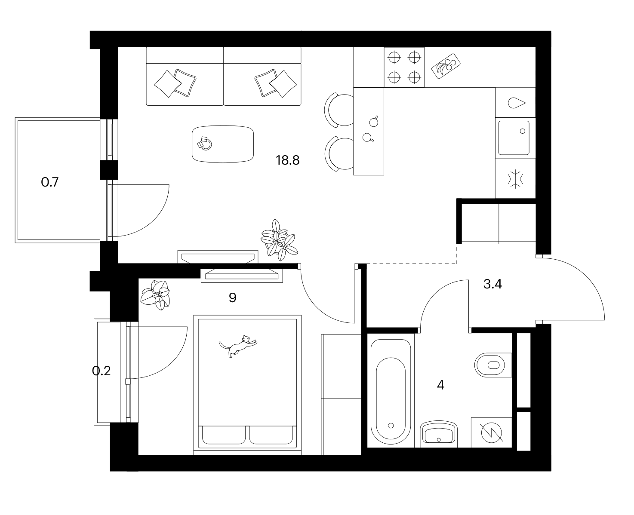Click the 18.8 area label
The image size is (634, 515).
pos(287,160)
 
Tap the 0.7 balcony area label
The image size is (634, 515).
pos(50,182)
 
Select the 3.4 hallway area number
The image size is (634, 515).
pos(492,284)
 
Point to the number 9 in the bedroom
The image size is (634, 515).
pos(232,297)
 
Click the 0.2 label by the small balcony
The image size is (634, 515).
pos(102,371)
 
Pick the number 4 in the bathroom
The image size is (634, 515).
pos(440,385)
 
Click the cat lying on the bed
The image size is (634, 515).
pos(238,346)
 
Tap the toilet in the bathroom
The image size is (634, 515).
pos(493,365)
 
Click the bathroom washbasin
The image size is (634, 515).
pos(438,434)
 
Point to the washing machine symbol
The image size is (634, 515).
pos(492,432)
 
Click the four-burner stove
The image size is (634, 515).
pos(404,67)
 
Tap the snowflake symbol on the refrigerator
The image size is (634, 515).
pos(515,179)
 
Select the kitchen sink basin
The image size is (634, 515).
pos(514,138)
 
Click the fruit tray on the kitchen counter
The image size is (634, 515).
pos(446,66)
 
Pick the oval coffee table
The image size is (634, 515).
pos(223,144)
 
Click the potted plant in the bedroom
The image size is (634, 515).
pos(155,295)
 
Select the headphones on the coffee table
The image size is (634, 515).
pos(205,144)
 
